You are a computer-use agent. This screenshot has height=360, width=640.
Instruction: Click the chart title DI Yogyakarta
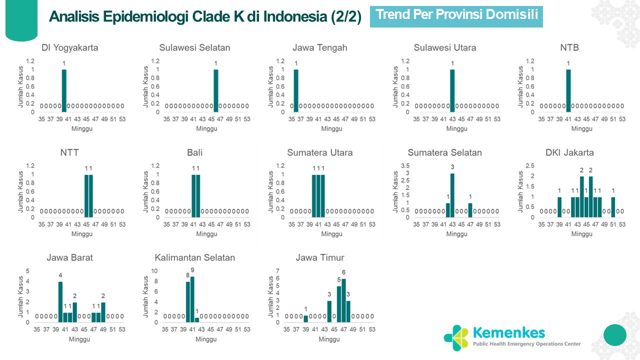(x=69, y=48)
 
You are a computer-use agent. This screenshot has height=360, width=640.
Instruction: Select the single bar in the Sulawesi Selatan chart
(x=216, y=90)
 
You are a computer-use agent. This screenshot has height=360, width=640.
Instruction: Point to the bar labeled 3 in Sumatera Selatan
(x=452, y=195)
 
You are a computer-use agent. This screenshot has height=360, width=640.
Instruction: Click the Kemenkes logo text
(x=508, y=332)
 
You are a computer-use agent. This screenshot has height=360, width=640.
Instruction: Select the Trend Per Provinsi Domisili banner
(x=456, y=15)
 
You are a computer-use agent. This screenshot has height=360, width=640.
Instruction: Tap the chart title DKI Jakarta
(x=569, y=153)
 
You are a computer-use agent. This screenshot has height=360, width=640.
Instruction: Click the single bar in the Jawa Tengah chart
(x=296, y=90)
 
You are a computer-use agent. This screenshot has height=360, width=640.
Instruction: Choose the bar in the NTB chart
(x=568, y=90)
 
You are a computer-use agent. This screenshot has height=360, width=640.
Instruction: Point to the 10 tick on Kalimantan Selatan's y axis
(x=154, y=271)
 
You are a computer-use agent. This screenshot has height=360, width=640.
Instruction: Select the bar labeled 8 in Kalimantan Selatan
(x=188, y=301)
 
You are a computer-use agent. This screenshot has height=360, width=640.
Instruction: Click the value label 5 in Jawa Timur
(x=339, y=279)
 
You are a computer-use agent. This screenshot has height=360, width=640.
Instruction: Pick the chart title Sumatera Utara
(x=319, y=153)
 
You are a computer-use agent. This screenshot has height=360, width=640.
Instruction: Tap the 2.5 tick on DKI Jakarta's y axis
(x=529, y=166)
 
